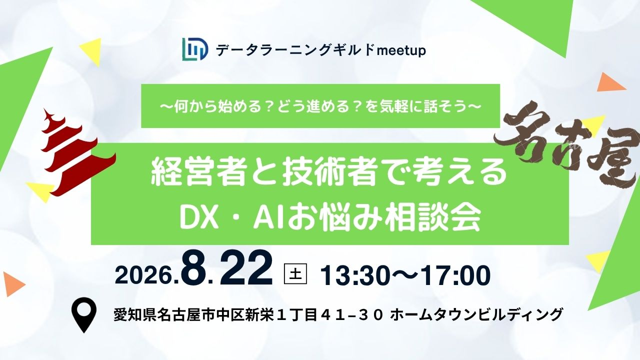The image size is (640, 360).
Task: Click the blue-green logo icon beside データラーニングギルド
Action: (x=195, y=50)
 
